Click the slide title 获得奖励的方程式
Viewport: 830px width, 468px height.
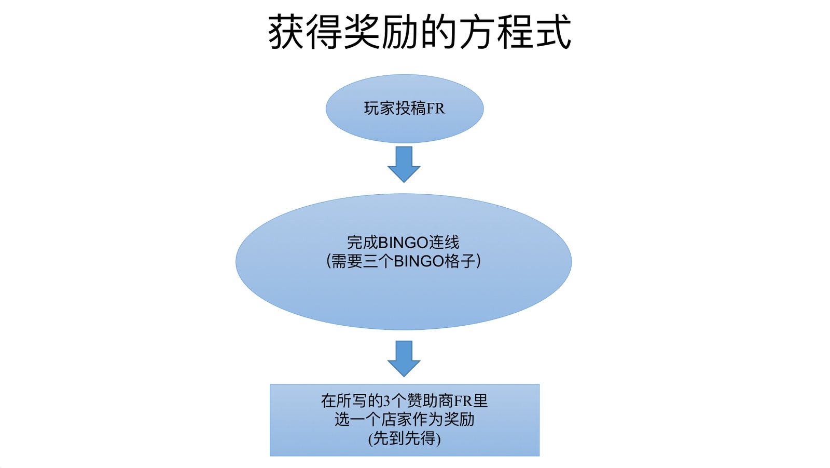(419, 32)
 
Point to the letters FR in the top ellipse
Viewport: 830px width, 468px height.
(436, 109)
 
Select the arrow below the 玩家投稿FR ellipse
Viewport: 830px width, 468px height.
(404, 164)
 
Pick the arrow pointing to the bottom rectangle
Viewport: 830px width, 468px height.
(404, 358)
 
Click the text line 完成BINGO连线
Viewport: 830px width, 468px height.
(403, 243)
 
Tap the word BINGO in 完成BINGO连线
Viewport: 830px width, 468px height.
(403, 243)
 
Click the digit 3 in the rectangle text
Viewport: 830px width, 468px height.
(386, 401)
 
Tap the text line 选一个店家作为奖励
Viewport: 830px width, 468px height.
(405, 419)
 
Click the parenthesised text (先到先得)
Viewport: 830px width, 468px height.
(405, 438)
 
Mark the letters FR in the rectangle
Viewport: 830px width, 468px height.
(463, 401)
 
